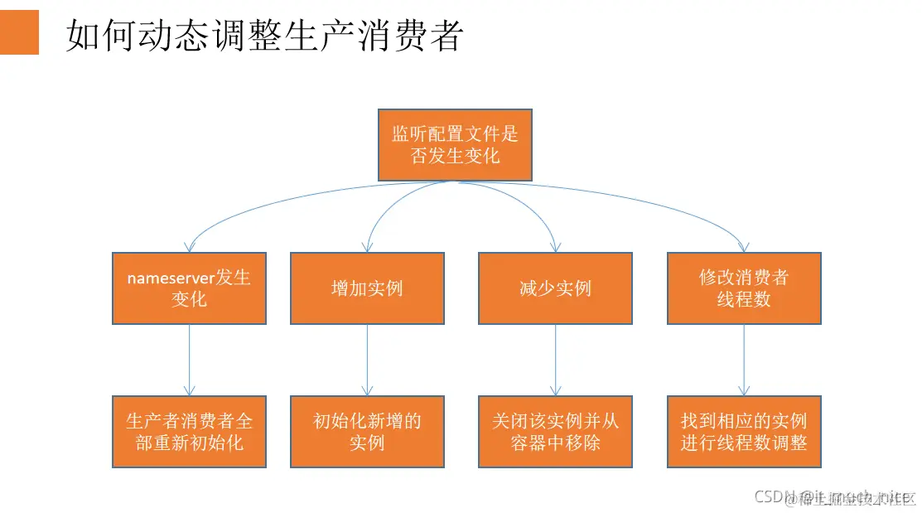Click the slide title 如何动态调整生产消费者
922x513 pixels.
pos(263,36)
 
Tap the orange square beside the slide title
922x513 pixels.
pos(19,33)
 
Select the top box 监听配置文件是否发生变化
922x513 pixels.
pos(455,145)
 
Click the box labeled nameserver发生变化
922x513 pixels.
pos(189,288)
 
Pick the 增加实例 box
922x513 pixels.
pos(367,288)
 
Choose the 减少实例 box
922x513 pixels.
pos(555,288)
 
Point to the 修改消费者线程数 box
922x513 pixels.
pos(744,288)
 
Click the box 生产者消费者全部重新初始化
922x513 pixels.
pos(189,432)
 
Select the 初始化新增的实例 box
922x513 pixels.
pos(367,432)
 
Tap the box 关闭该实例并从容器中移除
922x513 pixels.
pos(555,432)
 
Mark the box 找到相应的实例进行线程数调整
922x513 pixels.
pos(744,432)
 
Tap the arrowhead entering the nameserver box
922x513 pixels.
pos(190,247)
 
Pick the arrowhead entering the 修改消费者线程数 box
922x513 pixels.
pos(744,247)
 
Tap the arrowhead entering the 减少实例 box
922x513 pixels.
pos(555,247)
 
